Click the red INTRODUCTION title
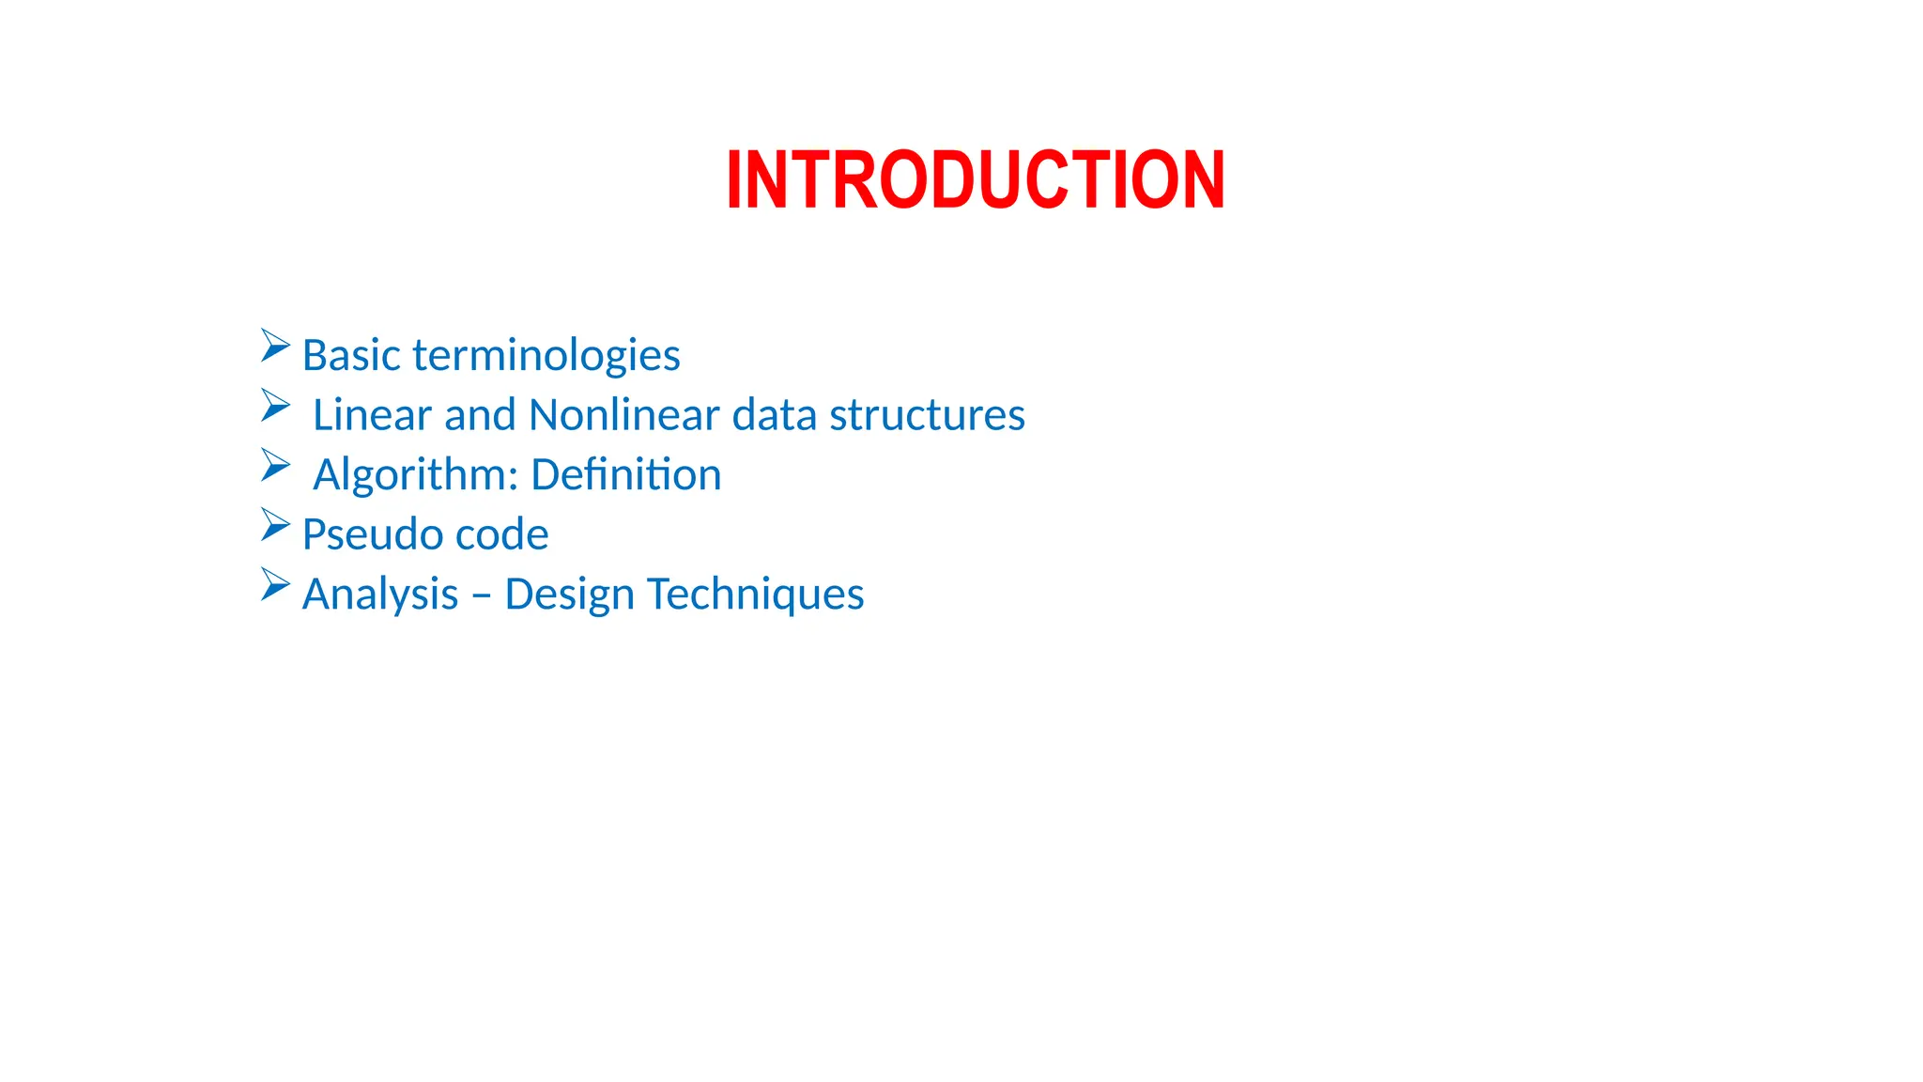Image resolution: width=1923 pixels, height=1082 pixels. [975, 179]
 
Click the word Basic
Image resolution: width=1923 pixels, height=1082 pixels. [351, 356]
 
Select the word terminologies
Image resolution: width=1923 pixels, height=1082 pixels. [546, 356]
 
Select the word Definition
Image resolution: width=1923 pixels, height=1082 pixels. [626, 475]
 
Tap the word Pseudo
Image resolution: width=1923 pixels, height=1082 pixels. [372, 534]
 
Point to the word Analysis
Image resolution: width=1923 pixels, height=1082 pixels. [380, 595]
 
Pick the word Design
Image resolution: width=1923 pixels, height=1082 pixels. [569, 595]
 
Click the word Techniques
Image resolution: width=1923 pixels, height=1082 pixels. [755, 595]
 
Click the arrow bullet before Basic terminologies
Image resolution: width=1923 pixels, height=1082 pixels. [274, 346]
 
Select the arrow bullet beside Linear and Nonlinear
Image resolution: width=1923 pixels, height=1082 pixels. [274, 406]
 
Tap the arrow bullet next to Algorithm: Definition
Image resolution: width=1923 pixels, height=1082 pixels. [274, 465]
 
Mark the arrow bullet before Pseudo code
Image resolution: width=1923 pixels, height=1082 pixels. [274, 525]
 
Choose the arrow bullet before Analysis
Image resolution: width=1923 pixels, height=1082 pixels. [274, 584]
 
